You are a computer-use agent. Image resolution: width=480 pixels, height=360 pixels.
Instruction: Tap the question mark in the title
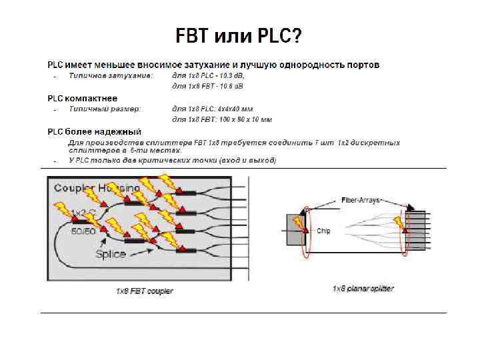point(296,35)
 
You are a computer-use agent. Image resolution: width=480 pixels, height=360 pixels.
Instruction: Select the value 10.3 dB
point(229,75)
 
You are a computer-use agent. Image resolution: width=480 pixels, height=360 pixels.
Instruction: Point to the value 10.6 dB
point(228,86)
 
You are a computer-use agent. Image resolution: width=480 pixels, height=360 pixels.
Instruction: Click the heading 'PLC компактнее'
point(81,98)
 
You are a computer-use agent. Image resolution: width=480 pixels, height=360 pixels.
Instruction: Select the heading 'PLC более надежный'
point(93,131)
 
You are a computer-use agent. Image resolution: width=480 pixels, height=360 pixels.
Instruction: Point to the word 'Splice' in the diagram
point(110,254)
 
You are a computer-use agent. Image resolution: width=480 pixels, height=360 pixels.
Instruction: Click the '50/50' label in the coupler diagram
point(82,231)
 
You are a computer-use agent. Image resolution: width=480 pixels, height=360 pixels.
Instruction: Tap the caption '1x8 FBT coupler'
point(145,291)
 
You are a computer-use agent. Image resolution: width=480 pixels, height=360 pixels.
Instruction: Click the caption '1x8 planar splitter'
point(363,289)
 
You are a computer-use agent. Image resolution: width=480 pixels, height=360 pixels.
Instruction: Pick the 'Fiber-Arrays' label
point(360,199)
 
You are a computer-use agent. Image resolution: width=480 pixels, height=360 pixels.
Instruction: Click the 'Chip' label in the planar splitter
point(323,231)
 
